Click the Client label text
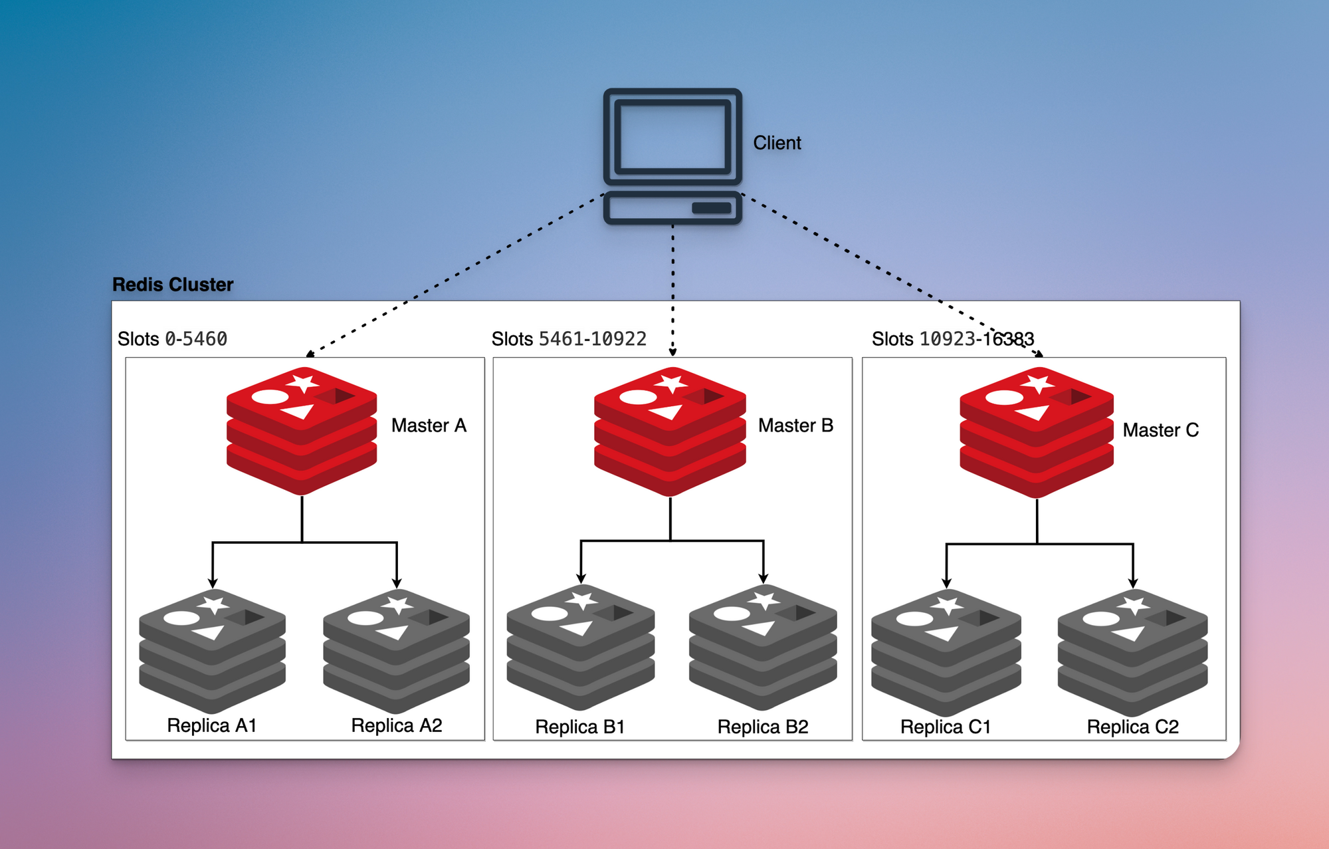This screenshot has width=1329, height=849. coord(777,143)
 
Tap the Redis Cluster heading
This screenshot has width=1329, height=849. coord(173,285)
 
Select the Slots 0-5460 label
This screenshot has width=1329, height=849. coord(172,339)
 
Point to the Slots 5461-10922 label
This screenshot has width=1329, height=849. coord(569,339)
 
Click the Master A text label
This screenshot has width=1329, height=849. coord(429,425)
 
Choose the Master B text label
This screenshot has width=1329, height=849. coord(795,425)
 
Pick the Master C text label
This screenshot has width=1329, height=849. coord(1160,430)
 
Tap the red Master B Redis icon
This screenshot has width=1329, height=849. coord(670,432)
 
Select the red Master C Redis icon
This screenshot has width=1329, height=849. coord(1037,433)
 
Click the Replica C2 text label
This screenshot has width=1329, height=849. coord(1132,727)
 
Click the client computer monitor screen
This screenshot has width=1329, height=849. coord(672,136)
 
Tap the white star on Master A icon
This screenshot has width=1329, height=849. coord(304,383)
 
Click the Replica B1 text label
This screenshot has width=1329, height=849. coord(580,727)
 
